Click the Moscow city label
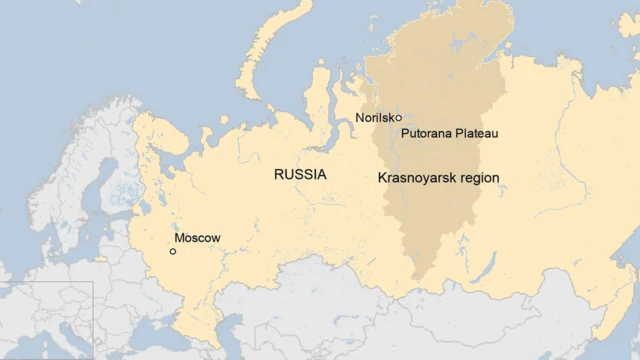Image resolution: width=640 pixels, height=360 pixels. coord(197,238)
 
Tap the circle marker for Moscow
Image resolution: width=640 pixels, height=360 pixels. coord(173,251)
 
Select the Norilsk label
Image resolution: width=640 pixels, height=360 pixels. coord(374,118)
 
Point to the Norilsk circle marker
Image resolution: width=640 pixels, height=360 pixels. coord(397,118)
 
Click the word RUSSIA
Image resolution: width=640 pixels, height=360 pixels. coord(300,174)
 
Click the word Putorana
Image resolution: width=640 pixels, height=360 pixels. coord(427,133)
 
